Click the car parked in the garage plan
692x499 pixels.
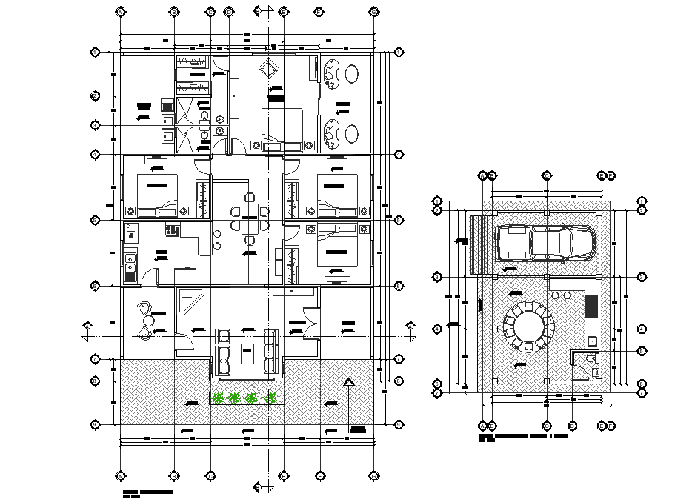click(x=545, y=242)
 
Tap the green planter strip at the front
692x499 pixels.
click(x=247, y=398)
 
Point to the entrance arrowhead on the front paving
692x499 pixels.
click(x=349, y=382)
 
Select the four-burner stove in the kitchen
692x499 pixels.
click(x=173, y=230)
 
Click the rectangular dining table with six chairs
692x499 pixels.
click(x=249, y=220)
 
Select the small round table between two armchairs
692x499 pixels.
click(x=149, y=321)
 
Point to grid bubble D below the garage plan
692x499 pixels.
click(x=573, y=426)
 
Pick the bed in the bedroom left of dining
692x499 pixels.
click(x=156, y=195)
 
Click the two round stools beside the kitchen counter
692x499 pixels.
click(x=217, y=240)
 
